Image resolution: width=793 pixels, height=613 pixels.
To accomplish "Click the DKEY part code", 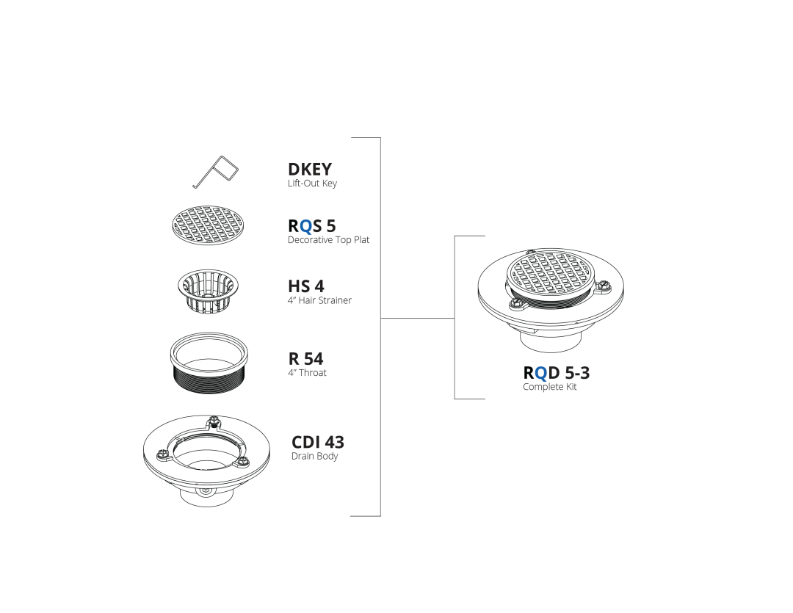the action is point(310,169).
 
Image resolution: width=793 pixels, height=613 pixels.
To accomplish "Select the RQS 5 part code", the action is point(311,225).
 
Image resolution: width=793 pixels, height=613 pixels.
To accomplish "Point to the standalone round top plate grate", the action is point(208,225).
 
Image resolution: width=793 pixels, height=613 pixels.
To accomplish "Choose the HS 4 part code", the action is point(306,286).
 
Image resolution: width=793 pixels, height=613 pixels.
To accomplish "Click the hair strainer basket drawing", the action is point(208,290).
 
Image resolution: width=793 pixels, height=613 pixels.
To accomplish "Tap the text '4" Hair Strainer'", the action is point(319,300).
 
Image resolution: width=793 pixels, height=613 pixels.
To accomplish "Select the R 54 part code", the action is point(305,358).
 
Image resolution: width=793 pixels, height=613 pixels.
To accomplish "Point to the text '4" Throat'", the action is point(307,373).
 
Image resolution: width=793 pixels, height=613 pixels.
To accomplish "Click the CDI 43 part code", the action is point(318,442).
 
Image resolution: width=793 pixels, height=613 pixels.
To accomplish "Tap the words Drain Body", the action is point(314,456).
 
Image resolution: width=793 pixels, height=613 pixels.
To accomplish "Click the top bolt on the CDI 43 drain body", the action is point(214,421).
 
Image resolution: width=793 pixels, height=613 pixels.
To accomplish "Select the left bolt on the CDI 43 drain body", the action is point(162,454).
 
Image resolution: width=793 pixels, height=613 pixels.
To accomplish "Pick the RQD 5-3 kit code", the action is point(557,373).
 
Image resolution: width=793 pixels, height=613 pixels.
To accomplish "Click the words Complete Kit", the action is point(550,387).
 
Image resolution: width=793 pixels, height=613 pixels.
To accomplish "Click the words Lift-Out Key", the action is point(312,183).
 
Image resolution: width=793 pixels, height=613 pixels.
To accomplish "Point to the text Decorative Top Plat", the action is point(329,240).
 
